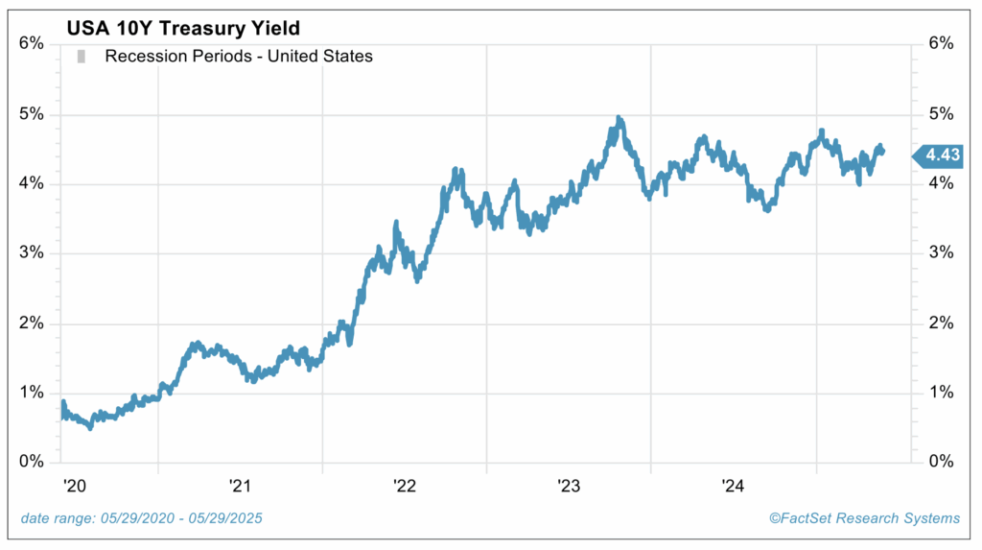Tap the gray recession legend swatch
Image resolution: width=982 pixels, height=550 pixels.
click(x=82, y=57)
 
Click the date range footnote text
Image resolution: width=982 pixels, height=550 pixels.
click(x=141, y=518)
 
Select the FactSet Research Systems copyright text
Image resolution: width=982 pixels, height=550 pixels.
click(x=864, y=518)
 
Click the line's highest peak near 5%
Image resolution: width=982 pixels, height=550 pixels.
click(x=620, y=119)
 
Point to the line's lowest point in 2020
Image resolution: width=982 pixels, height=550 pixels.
click(x=90, y=427)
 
